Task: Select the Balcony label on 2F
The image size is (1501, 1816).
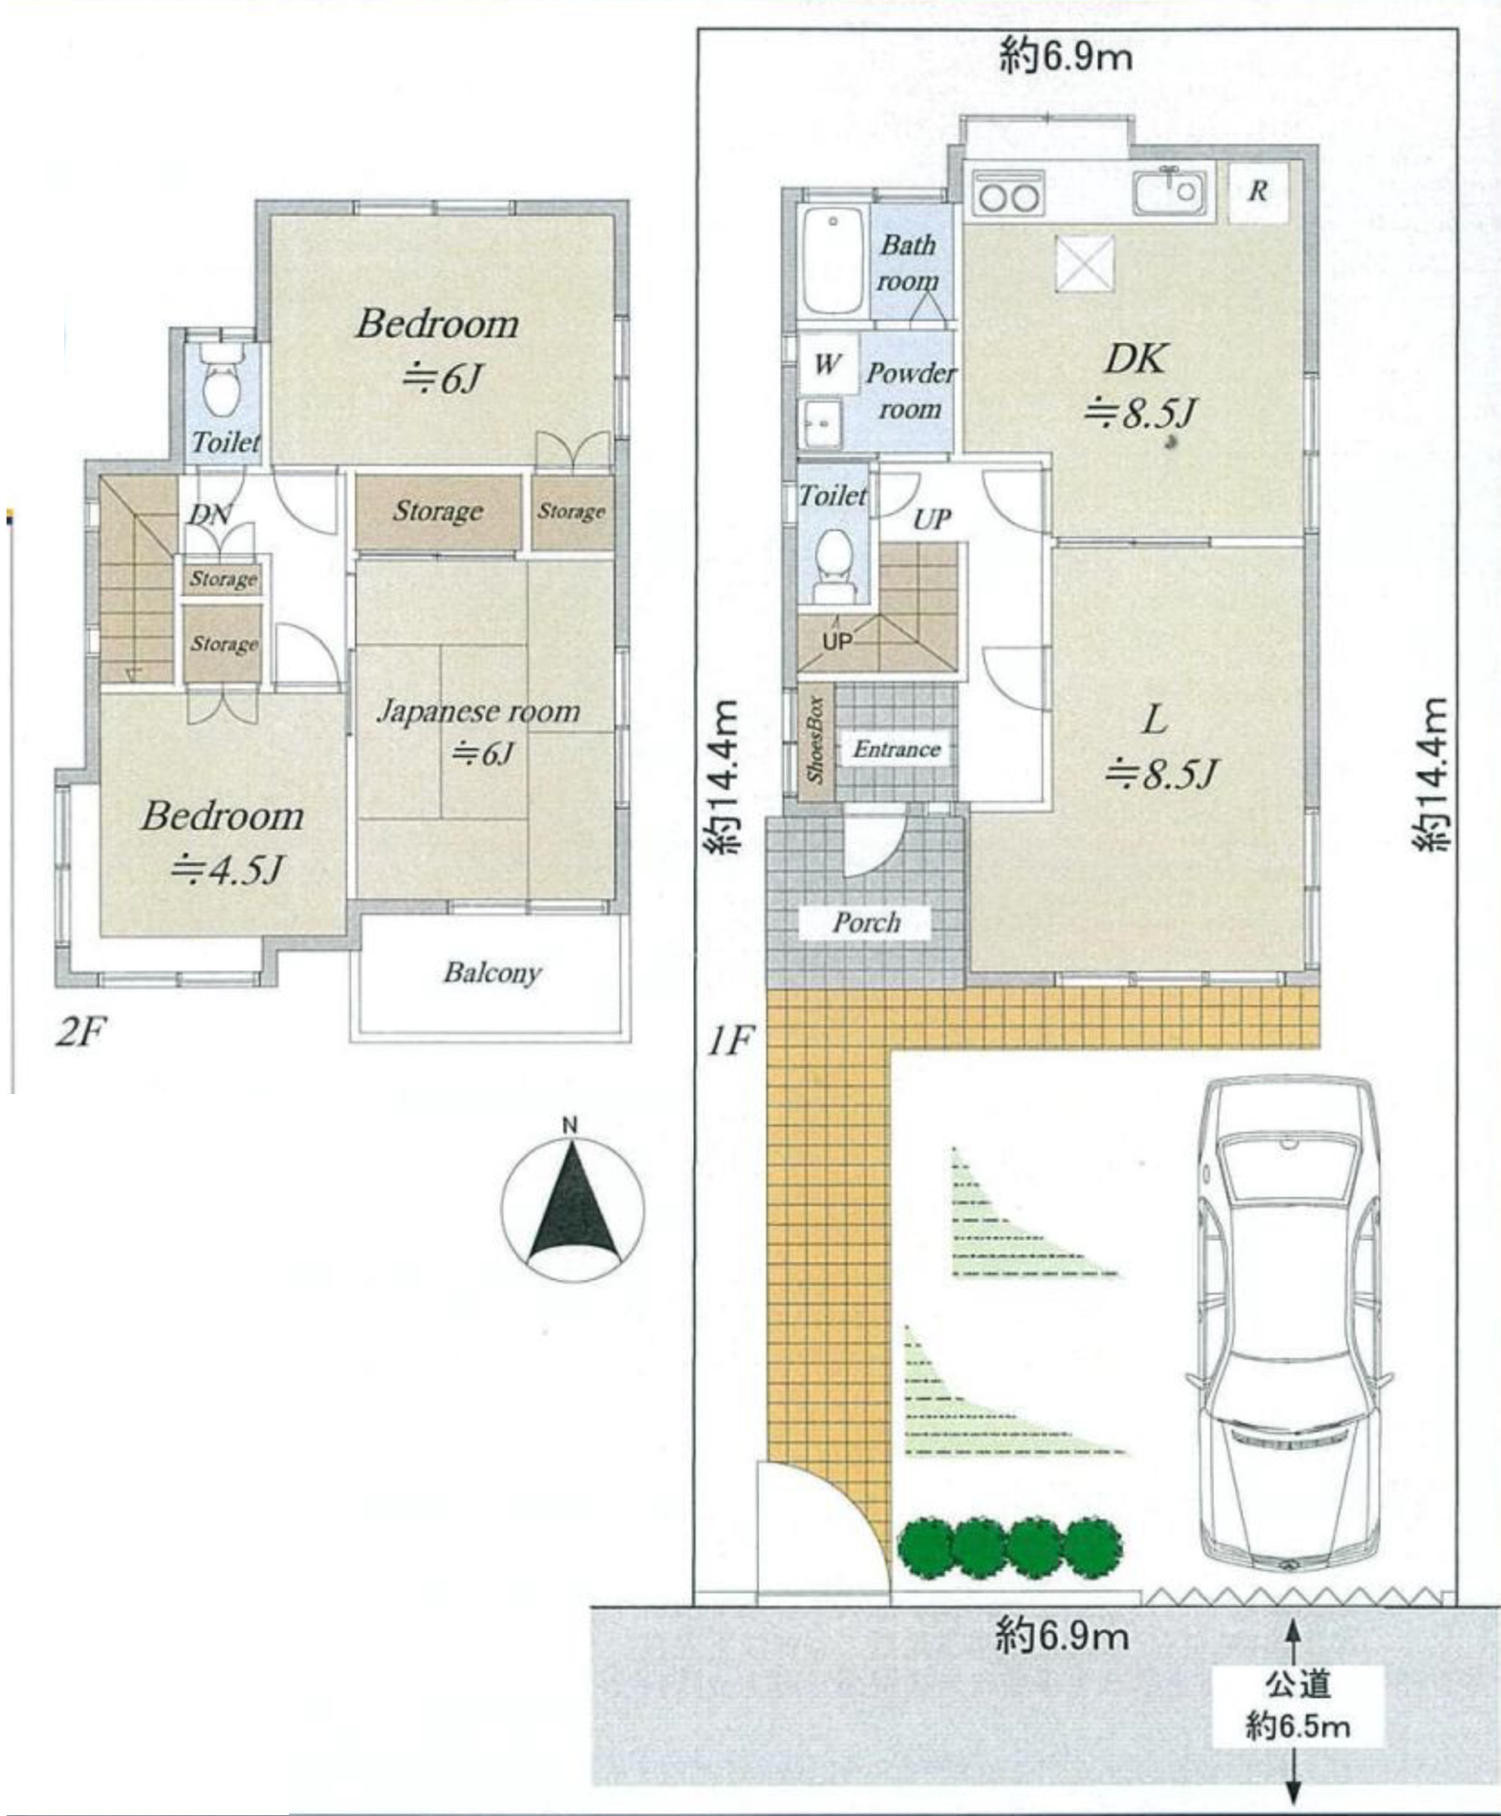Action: [x=492, y=973]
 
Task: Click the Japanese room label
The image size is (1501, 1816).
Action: [x=478, y=712]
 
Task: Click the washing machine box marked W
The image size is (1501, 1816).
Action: [x=827, y=364]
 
